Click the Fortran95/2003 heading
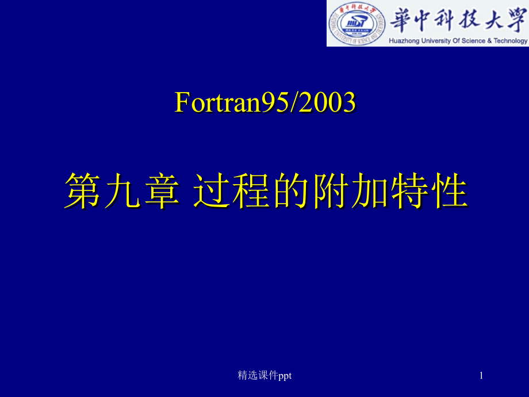click(x=265, y=103)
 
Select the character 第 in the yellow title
click(x=82, y=192)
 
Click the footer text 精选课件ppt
click(x=264, y=375)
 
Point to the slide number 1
click(x=481, y=375)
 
